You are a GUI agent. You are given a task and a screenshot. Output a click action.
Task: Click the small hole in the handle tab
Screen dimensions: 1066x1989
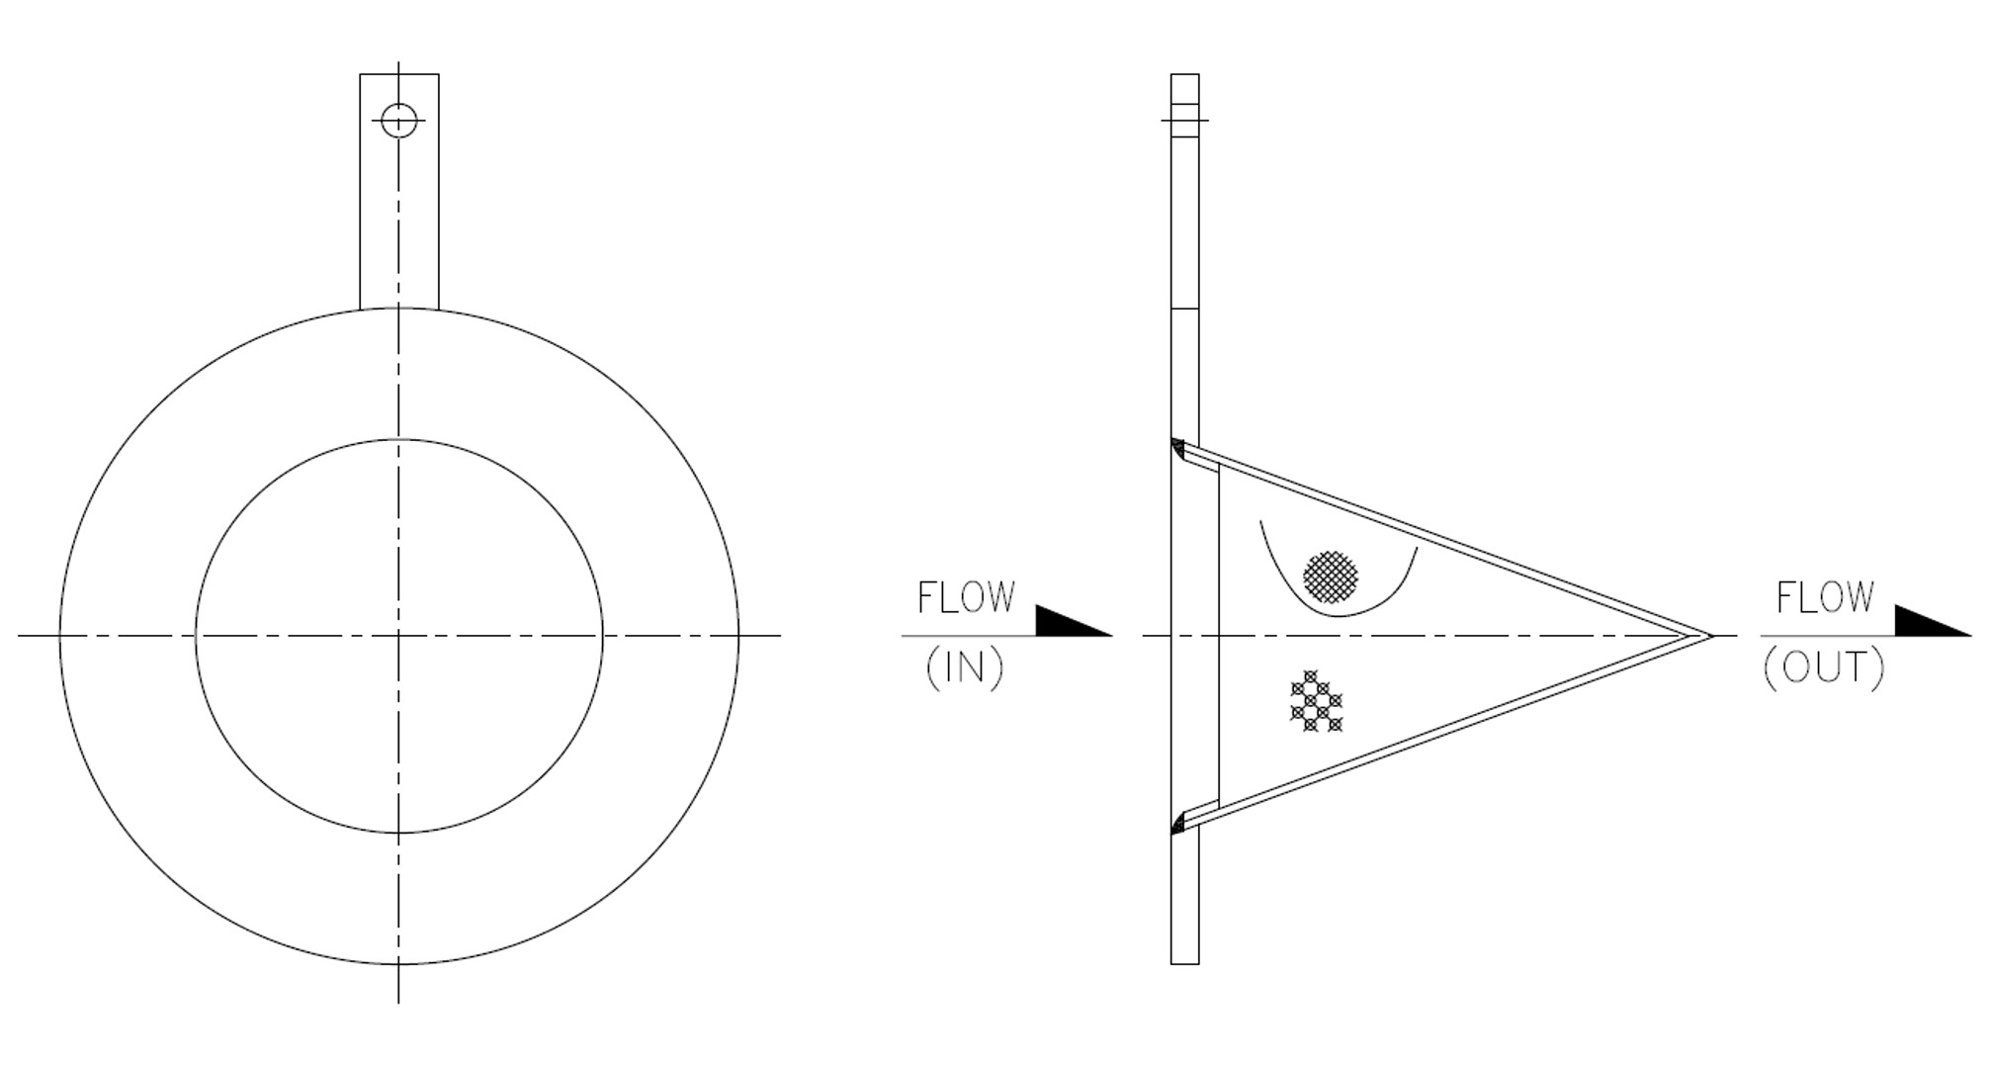click(x=398, y=121)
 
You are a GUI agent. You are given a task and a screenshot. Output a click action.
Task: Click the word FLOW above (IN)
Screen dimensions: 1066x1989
click(x=966, y=597)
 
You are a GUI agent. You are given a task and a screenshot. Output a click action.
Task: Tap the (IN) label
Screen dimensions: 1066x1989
click(x=965, y=668)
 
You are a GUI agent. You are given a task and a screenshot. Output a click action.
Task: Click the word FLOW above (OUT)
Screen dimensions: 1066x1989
click(x=1824, y=597)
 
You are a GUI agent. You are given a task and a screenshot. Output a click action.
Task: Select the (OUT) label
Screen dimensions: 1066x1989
click(x=1824, y=668)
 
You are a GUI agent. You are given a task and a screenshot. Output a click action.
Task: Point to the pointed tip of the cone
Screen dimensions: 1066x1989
click(x=1708, y=636)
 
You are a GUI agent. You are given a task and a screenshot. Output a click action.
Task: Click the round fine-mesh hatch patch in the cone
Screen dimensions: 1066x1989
click(x=1331, y=577)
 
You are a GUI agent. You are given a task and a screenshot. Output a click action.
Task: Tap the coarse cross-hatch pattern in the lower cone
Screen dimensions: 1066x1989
click(x=1316, y=702)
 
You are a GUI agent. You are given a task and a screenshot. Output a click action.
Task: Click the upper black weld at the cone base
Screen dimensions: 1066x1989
click(x=1177, y=449)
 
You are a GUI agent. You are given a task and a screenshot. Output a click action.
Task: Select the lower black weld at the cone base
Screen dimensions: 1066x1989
click(x=1177, y=823)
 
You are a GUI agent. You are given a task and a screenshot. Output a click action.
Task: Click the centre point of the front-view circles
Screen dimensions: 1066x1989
click(x=398, y=636)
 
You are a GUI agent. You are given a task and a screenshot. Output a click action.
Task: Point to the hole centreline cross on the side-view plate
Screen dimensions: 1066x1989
click(x=1184, y=121)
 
